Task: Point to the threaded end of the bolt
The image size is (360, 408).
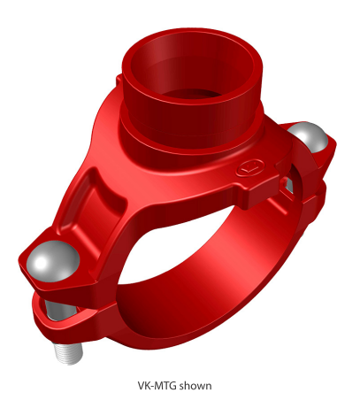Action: (68, 352)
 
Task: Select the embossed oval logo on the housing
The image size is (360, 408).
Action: (249, 168)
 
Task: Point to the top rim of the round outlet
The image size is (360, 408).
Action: (189, 33)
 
